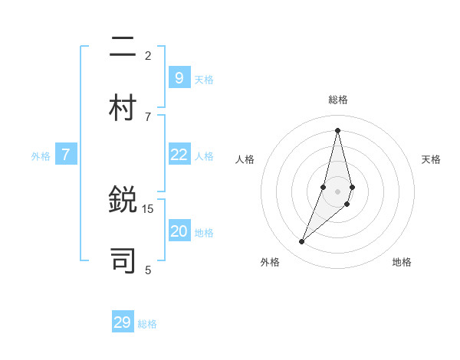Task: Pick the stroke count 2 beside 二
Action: pos(148,55)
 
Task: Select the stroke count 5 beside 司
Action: pos(148,270)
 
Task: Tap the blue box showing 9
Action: pos(179,77)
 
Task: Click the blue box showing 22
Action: pos(179,154)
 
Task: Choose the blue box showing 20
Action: pos(179,231)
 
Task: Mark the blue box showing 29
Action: pos(122,322)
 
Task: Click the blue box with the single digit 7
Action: pos(66,154)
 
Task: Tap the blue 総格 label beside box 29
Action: pos(147,324)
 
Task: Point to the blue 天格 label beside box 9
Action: pos(204,80)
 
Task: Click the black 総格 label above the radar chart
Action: pos(338,100)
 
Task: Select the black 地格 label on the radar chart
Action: pos(402,262)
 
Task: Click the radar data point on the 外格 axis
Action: pos(302,242)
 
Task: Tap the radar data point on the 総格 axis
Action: pos(337,130)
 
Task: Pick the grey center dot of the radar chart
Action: pos(337,191)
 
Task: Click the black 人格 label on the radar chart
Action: pos(245,159)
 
